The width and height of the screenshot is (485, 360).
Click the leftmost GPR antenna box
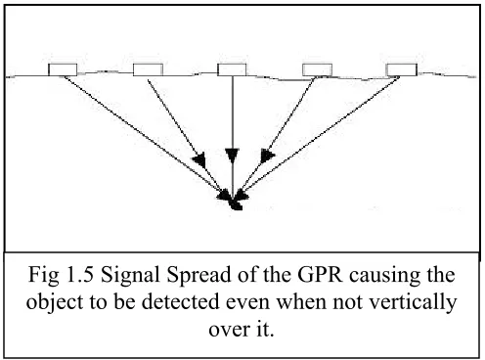pyautogui.click(x=63, y=69)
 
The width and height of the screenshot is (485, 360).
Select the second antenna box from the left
pyautogui.click(x=148, y=69)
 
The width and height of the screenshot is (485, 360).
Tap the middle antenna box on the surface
pyautogui.click(x=232, y=69)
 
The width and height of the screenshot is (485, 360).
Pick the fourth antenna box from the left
pyautogui.click(x=317, y=70)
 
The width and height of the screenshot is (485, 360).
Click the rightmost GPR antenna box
pyautogui.click(x=402, y=70)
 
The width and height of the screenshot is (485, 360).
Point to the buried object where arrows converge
pyautogui.click(x=236, y=204)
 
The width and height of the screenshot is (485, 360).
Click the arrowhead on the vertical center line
pyautogui.click(x=232, y=156)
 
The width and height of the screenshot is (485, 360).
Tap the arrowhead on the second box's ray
pyautogui.click(x=198, y=159)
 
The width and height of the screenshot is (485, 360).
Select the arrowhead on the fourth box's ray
pyautogui.click(x=267, y=156)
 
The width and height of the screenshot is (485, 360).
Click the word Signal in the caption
pyautogui.click(x=131, y=276)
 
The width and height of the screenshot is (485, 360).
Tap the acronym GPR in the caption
pyautogui.click(x=320, y=274)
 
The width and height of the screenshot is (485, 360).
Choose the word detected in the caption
pyautogui.click(x=180, y=301)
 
